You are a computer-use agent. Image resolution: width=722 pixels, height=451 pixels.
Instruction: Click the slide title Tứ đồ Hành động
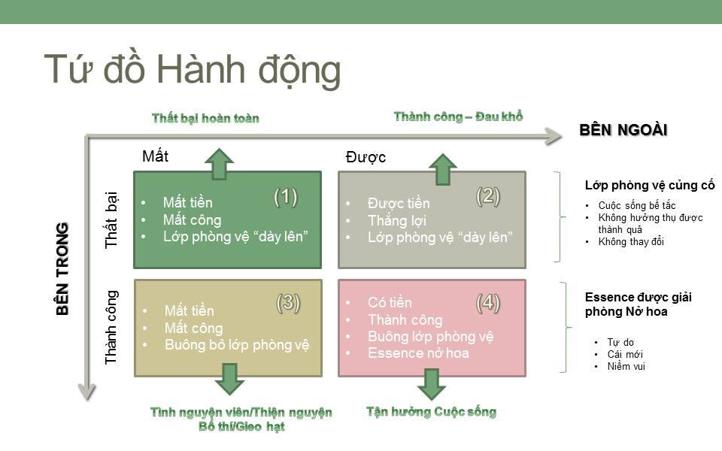point(193,69)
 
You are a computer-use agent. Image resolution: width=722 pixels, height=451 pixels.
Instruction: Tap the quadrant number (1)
point(286,197)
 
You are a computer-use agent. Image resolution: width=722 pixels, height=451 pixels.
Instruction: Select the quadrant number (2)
point(488,195)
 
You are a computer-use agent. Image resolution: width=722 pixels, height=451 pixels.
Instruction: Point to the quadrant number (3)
point(288,302)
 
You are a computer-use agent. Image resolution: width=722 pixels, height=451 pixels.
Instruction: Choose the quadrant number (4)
point(488,303)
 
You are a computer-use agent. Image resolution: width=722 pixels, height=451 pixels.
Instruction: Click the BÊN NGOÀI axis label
point(623,130)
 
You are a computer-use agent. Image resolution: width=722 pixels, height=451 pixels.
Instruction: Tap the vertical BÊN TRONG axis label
point(62,268)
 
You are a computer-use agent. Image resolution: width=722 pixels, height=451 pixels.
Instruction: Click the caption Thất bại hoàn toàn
point(205,118)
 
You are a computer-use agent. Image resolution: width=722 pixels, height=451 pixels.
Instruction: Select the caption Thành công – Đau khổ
point(458,117)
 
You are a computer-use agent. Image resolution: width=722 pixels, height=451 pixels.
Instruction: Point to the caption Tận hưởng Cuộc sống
point(431,412)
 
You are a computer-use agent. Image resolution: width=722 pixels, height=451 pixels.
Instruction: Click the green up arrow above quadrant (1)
point(219,163)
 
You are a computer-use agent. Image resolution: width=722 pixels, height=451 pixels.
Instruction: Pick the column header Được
point(366,158)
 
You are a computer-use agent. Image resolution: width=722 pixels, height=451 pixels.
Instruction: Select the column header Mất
point(156,156)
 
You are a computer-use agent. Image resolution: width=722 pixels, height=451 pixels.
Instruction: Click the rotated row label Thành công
point(111,328)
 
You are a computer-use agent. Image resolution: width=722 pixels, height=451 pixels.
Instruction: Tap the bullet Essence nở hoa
point(408,353)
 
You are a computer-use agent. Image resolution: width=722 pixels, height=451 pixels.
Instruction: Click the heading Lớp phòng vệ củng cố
point(650,186)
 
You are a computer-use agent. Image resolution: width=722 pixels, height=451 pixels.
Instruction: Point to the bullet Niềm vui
point(627,367)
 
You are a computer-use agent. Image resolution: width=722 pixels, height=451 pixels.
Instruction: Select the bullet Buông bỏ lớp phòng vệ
point(237,345)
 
